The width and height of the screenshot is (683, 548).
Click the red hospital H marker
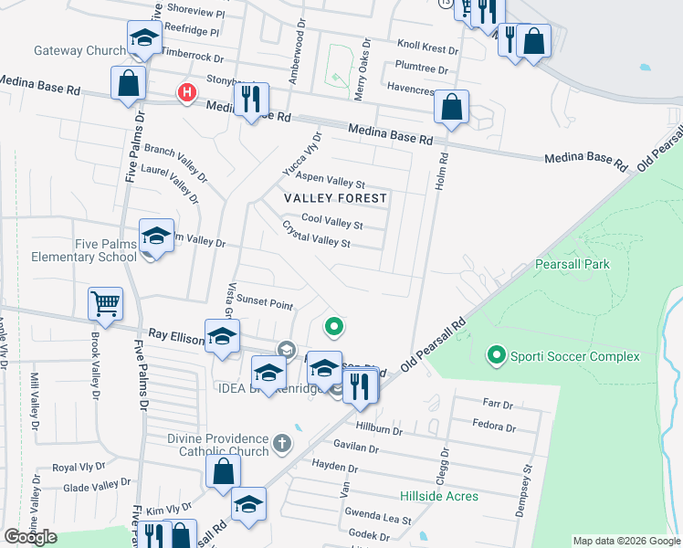click(187, 92)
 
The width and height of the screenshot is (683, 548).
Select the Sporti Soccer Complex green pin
click(497, 353)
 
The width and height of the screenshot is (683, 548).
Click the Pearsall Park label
click(572, 264)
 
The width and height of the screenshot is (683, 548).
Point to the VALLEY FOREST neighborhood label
click(335, 198)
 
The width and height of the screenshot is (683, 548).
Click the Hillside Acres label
click(438, 496)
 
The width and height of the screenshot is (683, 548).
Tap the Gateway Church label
click(80, 51)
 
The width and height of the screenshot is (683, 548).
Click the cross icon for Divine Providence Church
click(283, 444)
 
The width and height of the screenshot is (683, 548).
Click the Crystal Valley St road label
click(316, 235)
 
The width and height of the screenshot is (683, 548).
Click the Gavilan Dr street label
click(357, 448)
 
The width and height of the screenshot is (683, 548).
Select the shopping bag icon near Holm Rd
click(451, 106)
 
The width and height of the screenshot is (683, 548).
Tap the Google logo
click(31, 537)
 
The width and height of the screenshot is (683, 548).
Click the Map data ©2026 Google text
click(625, 541)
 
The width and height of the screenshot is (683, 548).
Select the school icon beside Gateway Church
click(144, 37)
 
